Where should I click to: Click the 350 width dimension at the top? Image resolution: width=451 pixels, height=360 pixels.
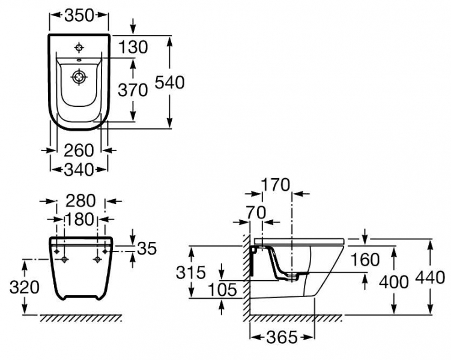(x=79, y=16)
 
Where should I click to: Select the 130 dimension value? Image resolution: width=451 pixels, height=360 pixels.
(x=133, y=47)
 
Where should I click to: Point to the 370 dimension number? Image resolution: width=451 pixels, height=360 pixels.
(x=133, y=90)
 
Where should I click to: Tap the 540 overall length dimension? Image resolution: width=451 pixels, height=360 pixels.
(x=169, y=82)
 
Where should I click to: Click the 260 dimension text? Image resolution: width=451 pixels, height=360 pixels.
(x=79, y=150)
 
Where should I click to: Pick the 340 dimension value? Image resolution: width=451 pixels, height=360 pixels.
(x=79, y=170)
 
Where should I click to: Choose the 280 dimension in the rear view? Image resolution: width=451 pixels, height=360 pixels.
(x=80, y=201)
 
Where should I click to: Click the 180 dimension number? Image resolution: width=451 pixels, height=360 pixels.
(x=80, y=219)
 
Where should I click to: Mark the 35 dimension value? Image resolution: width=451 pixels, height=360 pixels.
(x=147, y=248)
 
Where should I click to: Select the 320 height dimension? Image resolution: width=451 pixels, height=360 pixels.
(x=24, y=287)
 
